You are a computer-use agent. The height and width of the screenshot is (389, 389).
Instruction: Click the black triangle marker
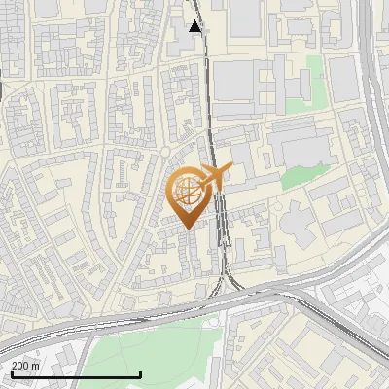[195, 26]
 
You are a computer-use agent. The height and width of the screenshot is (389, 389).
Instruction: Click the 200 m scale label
[26, 365]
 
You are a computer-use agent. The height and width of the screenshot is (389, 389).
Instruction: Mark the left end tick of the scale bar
[12, 372]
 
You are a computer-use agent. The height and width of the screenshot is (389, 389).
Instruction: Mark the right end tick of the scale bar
[141, 372]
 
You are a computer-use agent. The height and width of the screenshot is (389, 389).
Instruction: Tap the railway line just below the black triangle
[201, 49]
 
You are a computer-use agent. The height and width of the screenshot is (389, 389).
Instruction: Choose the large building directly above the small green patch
[301, 146]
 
